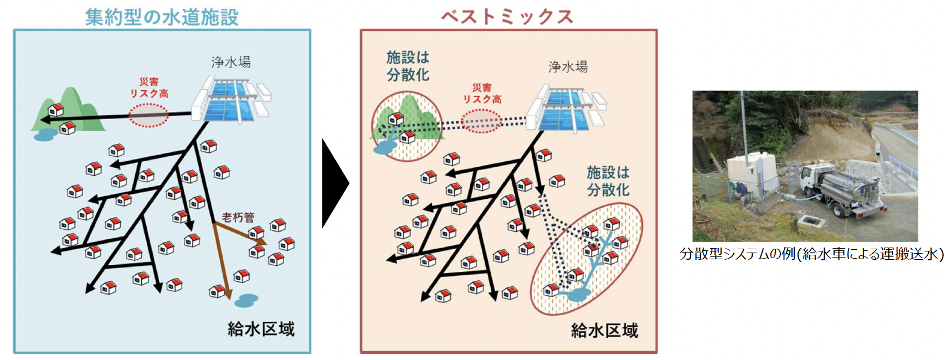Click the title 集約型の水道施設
(x=161, y=17)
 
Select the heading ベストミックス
(x=507, y=16)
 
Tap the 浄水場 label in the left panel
(x=231, y=61)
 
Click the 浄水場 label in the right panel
(x=568, y=67)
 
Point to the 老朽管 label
(x=238, y=217)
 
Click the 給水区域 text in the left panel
(x=261, y=329)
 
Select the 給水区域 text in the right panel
(x=604, y=331)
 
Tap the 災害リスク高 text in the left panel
(x=149, y=88)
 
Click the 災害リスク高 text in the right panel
(x=482, y=93)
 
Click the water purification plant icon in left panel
(x=232, y=100)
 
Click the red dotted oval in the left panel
(x=148, y=115)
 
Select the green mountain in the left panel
(x=69, y=111)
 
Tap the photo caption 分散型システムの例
(x=811, y=254)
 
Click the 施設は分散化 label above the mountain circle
(x=408, y=66)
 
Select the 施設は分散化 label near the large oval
(x=608, y=181)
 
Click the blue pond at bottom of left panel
(x=246, y=300)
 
